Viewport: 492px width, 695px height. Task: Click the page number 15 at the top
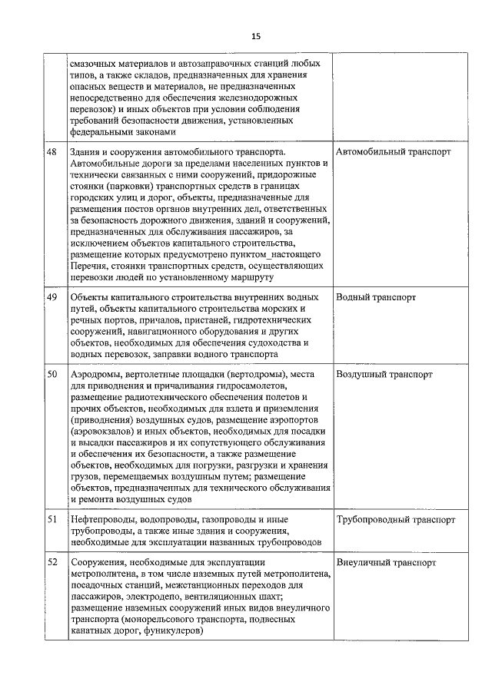(x=256, y=36)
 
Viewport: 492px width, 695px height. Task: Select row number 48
(x=52, y=152)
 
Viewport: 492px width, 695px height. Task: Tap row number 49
(x=52, y=296)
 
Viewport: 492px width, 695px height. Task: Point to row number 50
(x=52, y=374)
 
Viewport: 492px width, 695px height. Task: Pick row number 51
(x=52, y=519)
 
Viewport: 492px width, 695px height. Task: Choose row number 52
(x=52, y=562)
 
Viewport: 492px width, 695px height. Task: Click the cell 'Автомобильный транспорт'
(x=394, y=152)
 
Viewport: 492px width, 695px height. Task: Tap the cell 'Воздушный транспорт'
(x=384, y=374)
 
